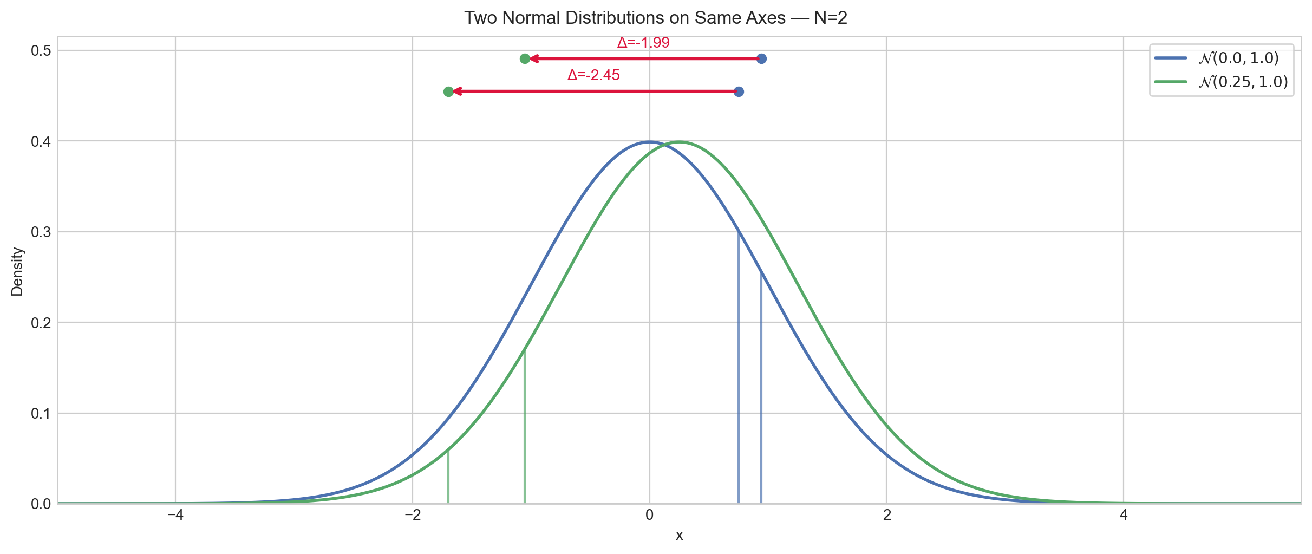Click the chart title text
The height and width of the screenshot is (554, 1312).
656,18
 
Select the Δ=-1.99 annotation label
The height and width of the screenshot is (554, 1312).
643,42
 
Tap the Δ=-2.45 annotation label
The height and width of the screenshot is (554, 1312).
593,75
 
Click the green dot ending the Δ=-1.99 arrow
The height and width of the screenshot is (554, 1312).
525,58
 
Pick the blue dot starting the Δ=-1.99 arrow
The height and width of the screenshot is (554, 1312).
761,58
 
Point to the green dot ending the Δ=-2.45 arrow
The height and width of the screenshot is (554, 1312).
448,92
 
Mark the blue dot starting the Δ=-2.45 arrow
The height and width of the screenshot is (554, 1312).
739,92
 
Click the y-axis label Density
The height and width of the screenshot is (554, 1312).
17,271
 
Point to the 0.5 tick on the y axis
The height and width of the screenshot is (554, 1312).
40,51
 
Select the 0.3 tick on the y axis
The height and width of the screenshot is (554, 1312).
40,232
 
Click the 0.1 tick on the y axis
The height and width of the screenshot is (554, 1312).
40,414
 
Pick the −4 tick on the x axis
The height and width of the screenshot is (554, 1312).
175,515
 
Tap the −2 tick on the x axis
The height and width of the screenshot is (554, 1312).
412,515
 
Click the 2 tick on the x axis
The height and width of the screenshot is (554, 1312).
886,515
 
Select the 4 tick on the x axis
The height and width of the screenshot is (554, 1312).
1124,515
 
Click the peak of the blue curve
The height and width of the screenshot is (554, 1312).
650,142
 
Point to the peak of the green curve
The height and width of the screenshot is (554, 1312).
679,142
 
